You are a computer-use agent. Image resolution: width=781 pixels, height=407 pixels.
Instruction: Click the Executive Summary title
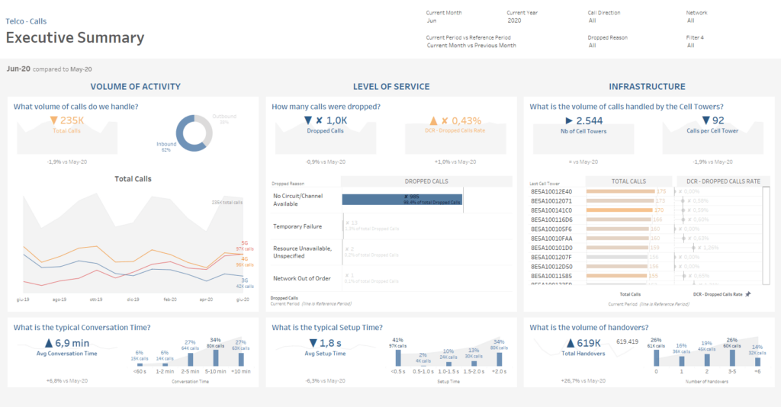click(75, 37)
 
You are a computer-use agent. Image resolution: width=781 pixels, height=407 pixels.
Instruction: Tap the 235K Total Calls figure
click(67, 120)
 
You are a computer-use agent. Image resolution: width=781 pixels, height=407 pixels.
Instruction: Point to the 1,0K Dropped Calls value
click(325, 120)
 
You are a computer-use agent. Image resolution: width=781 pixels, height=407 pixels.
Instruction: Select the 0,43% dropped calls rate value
click(455, 120)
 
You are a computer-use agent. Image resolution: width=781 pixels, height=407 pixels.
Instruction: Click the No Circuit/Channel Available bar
click(402, 199)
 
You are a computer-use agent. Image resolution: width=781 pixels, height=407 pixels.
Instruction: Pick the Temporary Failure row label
click(297, 226)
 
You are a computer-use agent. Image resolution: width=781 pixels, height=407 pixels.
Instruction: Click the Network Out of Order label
click(301, 278)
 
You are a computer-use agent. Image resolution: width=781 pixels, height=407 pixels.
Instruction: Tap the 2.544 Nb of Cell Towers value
click(583, 120)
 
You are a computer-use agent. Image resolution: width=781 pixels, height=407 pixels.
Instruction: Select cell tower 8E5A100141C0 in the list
click(551, 210)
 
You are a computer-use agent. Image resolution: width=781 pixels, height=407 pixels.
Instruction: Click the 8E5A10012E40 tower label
click(551, 191)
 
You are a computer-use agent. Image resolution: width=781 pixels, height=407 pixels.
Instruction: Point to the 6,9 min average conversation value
click(66, 344)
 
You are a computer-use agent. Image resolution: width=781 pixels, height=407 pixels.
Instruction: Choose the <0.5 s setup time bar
click(397, 357)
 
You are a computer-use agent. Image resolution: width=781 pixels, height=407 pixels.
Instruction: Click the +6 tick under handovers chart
click(757, 372)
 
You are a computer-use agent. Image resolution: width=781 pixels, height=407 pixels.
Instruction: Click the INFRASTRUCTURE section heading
click(647, 87)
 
